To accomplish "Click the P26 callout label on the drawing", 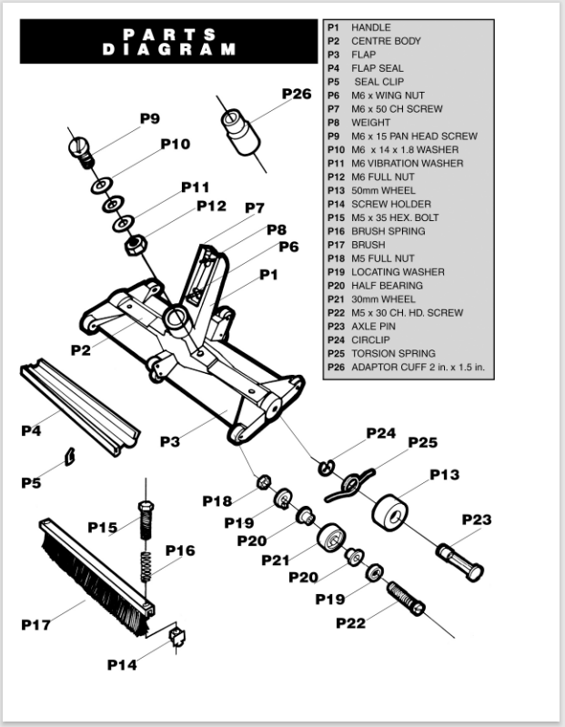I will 296,94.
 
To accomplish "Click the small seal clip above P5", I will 69,456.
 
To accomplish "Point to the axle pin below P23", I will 460,560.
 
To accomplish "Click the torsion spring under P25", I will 350,482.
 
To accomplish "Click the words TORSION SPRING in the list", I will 393,353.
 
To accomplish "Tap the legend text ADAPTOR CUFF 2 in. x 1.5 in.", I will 418,367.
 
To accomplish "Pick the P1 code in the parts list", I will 333,27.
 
